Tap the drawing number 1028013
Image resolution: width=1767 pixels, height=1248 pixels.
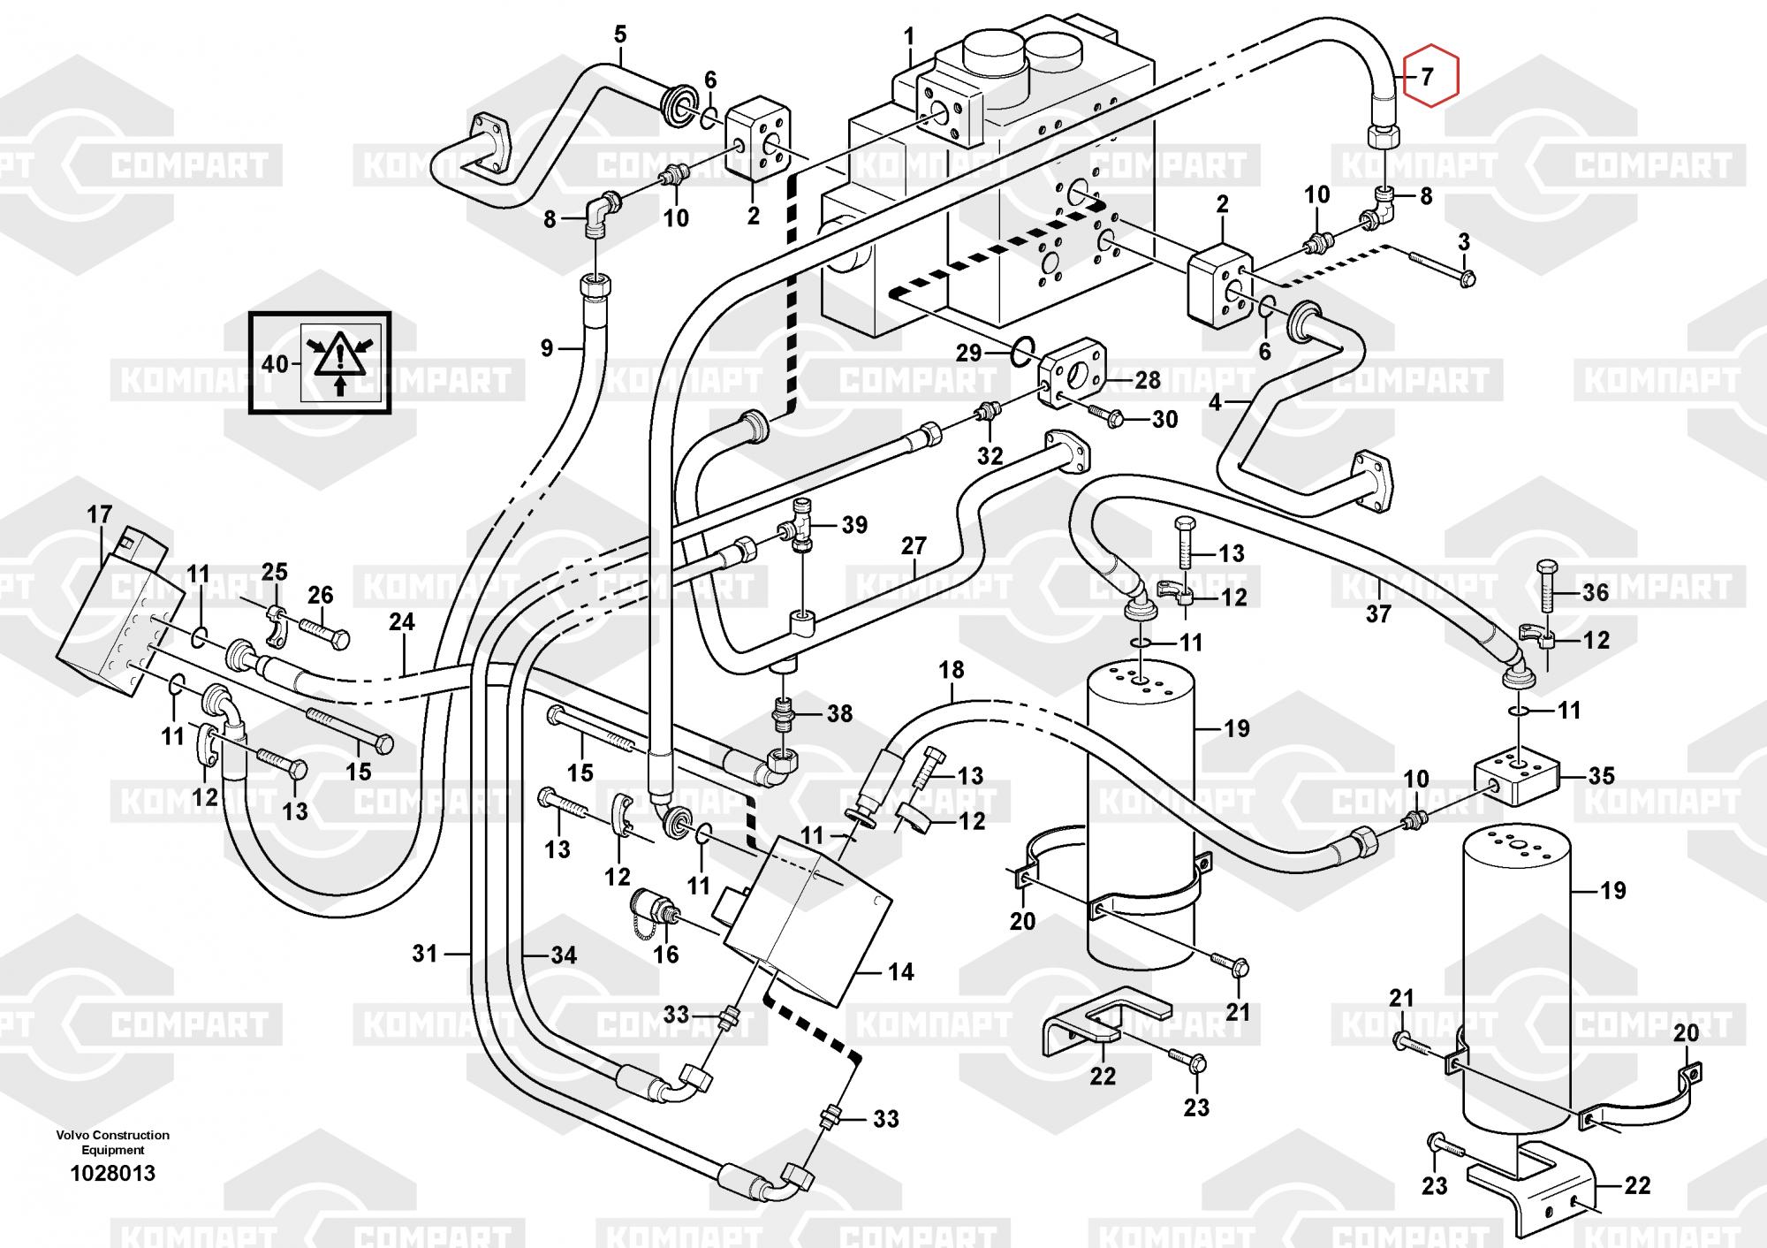(x=113, y=1173)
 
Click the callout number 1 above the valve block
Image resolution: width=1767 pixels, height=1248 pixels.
(x=909, y=38)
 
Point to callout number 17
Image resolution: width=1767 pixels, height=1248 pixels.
(x=100, y=514)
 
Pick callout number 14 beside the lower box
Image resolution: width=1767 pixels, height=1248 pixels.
(x=900, y=972)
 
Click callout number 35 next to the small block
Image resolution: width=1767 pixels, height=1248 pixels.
(x=1601, y=776)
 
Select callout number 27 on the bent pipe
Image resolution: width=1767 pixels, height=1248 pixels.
(x=914, y=545)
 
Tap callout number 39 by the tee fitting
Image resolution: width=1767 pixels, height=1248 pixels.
(x=854, y=525)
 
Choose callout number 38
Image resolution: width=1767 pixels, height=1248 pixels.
(x=839, y=713)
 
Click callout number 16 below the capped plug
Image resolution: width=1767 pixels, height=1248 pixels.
(x=665, y=954)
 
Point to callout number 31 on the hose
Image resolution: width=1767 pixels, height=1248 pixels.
(x=425, y=954)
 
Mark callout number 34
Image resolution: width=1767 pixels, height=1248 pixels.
(x=564, y=955)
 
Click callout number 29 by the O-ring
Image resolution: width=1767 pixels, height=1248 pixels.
(x=969, y=353)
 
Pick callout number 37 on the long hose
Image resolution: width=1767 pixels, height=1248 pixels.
(x=1378, y=613)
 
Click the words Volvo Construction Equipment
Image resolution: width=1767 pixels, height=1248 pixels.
(x=113, y=1142)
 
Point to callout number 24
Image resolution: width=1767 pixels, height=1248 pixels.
(x=402, y=622)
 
